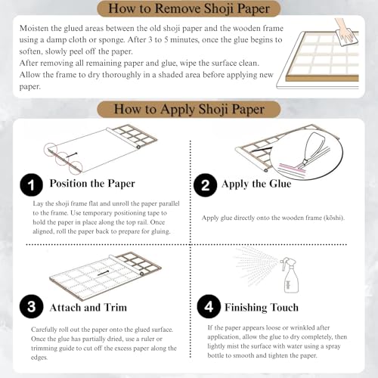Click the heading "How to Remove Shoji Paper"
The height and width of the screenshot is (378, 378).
[189, 8]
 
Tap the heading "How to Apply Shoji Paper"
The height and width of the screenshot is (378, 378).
[189, 110]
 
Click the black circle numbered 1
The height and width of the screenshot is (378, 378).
[31, 184]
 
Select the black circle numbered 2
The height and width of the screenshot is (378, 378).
[206, 185]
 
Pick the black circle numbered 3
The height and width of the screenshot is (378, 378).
[31, 306]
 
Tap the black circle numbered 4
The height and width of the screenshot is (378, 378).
[209, 306]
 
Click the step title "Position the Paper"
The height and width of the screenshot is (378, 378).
[92, 184]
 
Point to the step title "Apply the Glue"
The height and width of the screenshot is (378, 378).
[256, 184]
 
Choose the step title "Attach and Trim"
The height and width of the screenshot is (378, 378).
[88, 308]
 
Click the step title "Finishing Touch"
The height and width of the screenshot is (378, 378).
[262, 308]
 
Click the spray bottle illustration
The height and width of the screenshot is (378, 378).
[290, 275]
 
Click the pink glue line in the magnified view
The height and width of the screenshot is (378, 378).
[293, 168]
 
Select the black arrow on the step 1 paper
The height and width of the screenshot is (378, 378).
[71, 155]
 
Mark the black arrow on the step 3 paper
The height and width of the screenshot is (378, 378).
[103, 273]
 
